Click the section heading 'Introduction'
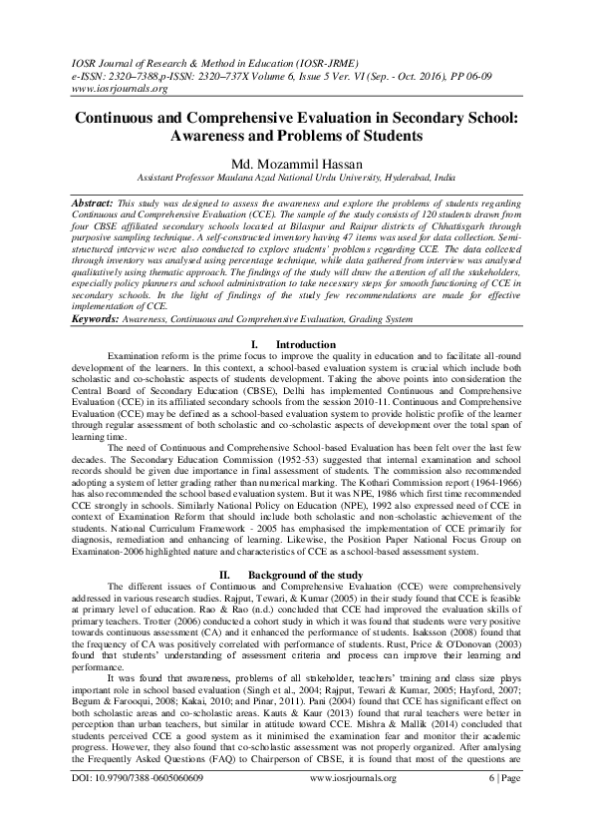coord(306,344)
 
